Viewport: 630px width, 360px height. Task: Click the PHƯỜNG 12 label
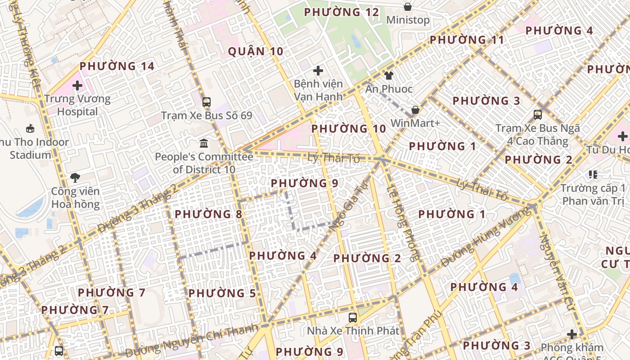pyautogui.click(x=342, y=12)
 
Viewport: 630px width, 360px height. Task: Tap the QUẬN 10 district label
pyautogui.click(x=256, y=51)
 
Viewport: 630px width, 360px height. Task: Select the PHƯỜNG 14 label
pyautogui.click(x=117, y=67)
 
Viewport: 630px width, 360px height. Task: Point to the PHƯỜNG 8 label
pyautogui.click(x=208, y=214)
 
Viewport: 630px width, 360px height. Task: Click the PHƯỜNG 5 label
pyautogui.click(x=222, y=293)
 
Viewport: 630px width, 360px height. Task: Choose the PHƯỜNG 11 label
pyautogui.click(x=467, y=40)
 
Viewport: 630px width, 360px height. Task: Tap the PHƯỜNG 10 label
pyautogui.click(x=349, y=129)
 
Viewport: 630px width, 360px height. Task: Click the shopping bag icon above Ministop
pyautogui.click(x=408, y=7)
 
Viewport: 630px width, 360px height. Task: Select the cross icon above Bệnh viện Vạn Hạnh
pyautogui.click(x=318, y=70)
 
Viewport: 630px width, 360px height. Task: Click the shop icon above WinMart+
pyautogui.click(x=415, y=110)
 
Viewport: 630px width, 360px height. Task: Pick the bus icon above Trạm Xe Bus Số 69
pyautogui.click(x=207, y=102)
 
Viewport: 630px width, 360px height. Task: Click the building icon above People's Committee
pyautogui.click(x=204, y=144)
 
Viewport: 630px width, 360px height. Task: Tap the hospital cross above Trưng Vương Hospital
pyautogui.click(x=77, y=85)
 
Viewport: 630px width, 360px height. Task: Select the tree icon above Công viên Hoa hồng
pyautogui.click(x=75, y=178)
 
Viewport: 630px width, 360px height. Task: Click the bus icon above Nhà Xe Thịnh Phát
pyautogui.click(x=353, y=317)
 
